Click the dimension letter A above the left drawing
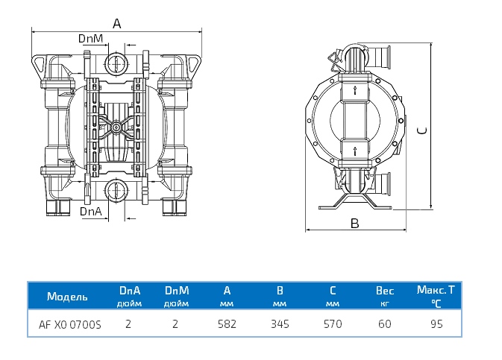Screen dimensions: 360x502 [116, 23]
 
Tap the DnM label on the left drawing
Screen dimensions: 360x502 [90, 38]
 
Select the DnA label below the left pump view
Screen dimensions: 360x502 [90, 212]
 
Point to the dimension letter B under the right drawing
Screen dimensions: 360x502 [355, 223]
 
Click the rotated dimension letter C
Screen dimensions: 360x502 [422, 130]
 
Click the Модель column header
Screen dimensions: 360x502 [67, 296]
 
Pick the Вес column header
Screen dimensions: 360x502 [385, 291]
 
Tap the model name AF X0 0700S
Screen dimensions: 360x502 [69, 324]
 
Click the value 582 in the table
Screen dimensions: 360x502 [227, 324]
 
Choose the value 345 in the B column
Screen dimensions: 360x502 [280, 324]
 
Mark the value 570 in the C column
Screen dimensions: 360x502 [333, 324]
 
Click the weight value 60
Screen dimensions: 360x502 [385, 324]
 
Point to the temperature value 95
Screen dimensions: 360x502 [437, 324]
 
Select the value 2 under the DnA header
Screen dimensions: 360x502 [128, 324]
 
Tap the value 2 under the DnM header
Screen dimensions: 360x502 [175, 324]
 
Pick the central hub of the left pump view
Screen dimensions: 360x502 [116, 127]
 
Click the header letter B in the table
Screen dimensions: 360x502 [280, 291]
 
